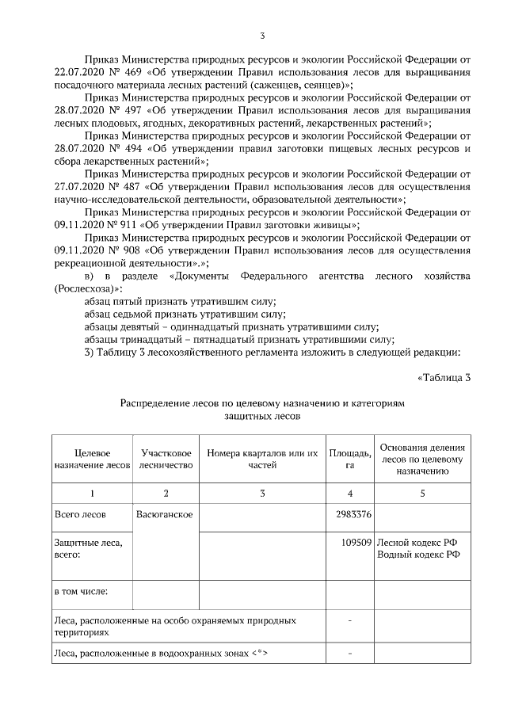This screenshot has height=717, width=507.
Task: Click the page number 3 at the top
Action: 262,35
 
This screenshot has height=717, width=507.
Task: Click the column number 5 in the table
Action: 422,494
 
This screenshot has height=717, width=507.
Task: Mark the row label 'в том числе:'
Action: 80,591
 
